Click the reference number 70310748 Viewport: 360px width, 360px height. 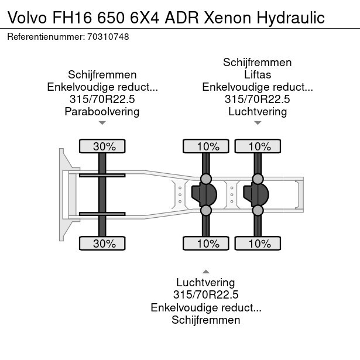tap(108, 37)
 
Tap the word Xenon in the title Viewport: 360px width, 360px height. tap(227, 18)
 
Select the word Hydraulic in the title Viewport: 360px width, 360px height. tap(291, 18)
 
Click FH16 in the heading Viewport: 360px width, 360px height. tap(73, 18)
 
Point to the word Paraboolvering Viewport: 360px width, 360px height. tap(102, 112)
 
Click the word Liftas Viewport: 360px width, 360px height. tap(258, 74)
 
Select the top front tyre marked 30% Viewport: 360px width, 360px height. tap(102, 146)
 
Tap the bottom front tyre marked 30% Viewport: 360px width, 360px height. tap(102, 243)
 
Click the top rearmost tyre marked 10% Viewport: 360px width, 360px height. tap(258, 146)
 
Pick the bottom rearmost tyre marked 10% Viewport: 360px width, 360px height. tap(258, 243)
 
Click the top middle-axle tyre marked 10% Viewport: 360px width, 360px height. tap(206, 146)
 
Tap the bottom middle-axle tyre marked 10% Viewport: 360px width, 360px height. tap(206, 243)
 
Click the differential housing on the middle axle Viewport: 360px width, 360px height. tap(204, 194)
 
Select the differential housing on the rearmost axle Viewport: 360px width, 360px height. tap(256, 194)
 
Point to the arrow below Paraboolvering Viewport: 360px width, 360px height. tap(102, 123)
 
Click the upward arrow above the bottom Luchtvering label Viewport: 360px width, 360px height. tap(206, 272)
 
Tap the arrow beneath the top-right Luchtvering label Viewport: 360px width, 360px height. tap(258, 123)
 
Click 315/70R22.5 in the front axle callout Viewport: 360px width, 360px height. tap(102, 99)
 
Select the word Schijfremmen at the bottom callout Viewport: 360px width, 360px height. tap(206, 320)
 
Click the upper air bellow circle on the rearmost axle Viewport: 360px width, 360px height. tap(258, 179)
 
